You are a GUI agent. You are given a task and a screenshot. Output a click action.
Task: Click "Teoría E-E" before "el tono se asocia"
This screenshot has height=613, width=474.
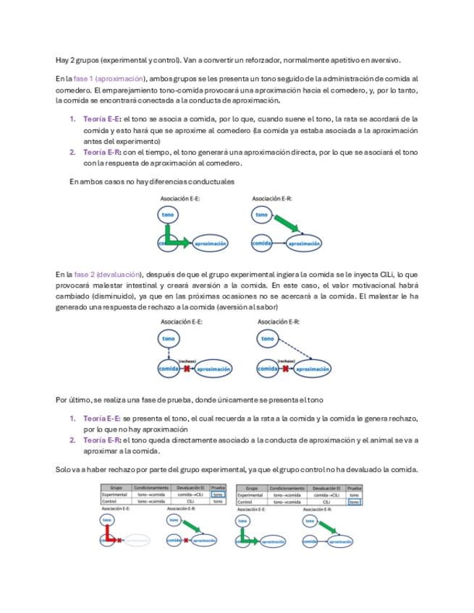pyautogui.click(x=101, y=119)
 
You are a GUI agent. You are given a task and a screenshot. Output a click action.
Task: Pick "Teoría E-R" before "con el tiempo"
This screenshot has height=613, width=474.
pyautogui.click(x=101, y=153)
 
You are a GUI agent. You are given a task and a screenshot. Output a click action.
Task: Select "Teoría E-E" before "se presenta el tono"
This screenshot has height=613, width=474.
pyautogui.click(x=101, y=419)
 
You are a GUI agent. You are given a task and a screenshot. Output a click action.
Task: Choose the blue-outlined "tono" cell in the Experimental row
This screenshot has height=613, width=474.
pyautogui.click(x=218, y=494)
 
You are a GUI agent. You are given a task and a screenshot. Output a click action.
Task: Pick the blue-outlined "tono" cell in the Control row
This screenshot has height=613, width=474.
pyautogui.click(x=354, y=501)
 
